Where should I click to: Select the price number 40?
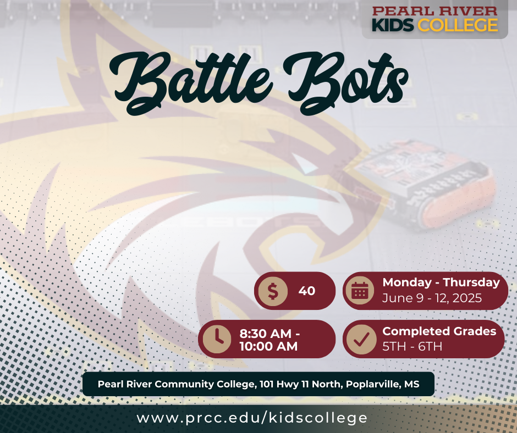pyautogui.click(x=307, y=291)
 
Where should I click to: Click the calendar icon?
pyautogui.click(x=360, y=291)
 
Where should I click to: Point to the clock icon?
pyautogui.click(x=217, y=338)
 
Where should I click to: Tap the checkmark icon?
pyautogui.click(x=361, y=339)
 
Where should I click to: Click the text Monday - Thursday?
pyautogui.click(x=441, y=282)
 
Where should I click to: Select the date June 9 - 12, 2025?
pyautogui.click(x=432, y=298)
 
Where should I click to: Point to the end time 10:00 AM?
pyautogui.click(x=268, y=346)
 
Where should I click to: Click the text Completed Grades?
pyautogui.click(x=439, y=331)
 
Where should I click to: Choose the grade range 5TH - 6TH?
pyautogui.click(x=412, y=347)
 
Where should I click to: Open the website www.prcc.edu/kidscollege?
pyautogui.click(x=252, y=418)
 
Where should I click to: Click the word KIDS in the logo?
pyautogui.click(x=393, y=25)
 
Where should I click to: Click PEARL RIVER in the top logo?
pyautogui.click(x=435, y=10)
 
